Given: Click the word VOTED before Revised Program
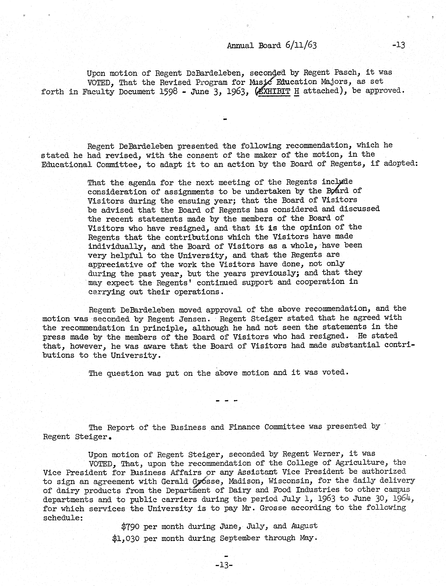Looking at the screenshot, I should click(x=100, y=83).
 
